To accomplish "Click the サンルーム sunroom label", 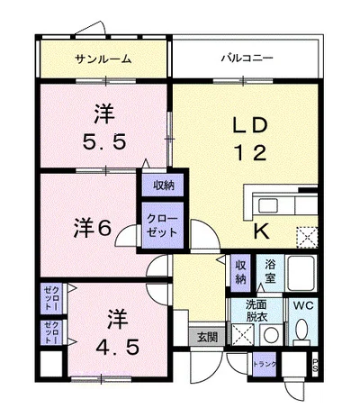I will click(x=103, y=59).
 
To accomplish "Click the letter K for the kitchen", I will click(x=260, y=231).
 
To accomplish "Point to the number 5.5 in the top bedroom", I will click(x=104, y=141).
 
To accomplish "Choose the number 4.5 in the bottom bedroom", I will click(x=113, y=347).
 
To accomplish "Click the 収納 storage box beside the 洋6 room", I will click(x=163, y=186).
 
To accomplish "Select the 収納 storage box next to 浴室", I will click(x=241, y=271).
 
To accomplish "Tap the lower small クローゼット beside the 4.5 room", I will click(x=50, y=333).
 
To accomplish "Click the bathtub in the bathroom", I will click(x=301, y=271).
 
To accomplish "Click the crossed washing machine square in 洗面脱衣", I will click(x=241, y=335).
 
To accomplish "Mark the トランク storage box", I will click(x=265, y=364).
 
